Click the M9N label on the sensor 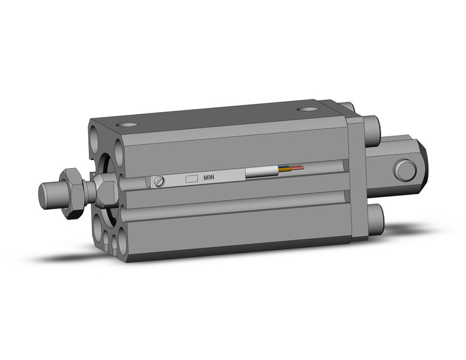209,178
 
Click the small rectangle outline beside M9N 192,178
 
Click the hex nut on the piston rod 74,190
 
